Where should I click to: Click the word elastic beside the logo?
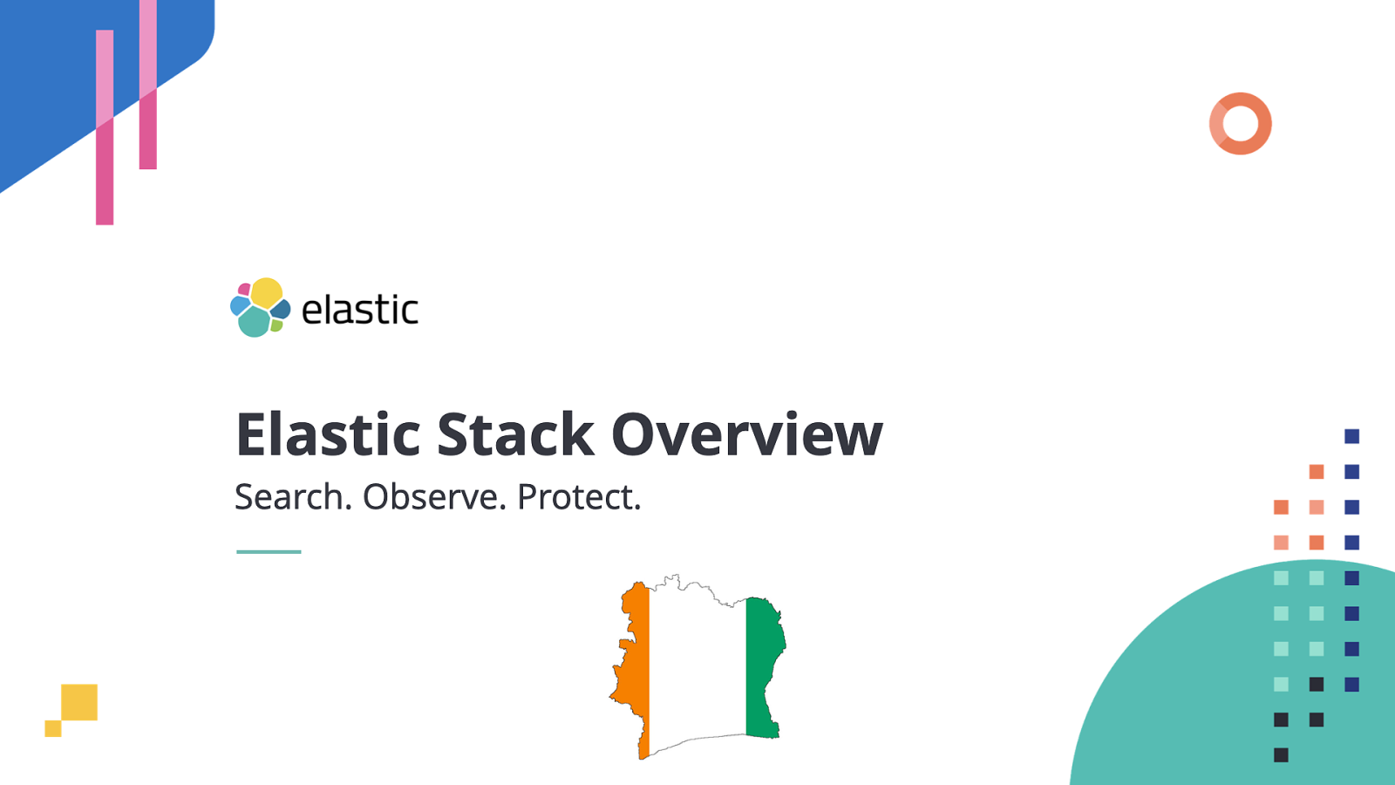[359, 310]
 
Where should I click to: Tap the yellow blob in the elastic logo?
[267, 292]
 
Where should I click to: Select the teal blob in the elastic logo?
[254, 322]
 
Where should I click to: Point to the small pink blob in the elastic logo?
[245, 290]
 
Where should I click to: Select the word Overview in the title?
[747, 434]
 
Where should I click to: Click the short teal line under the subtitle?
[269, 551]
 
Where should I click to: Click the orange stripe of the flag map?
[636, 663]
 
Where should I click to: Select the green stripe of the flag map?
[764, 663]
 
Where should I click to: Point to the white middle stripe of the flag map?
[697, 663]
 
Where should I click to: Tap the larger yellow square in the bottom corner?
[79, 702]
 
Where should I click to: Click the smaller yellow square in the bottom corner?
[53, 728]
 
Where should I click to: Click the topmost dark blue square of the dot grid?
[1352, 436]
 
